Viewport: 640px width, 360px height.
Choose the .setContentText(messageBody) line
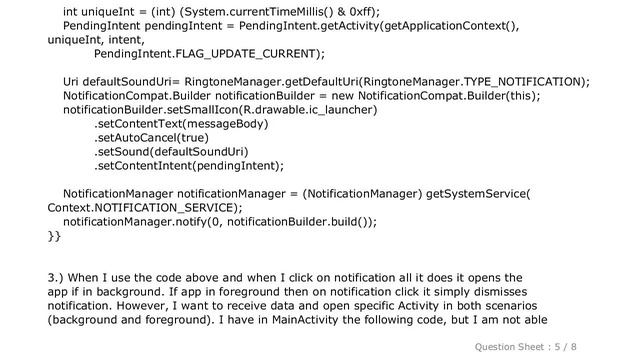pyautogui.click(x=180, y=124)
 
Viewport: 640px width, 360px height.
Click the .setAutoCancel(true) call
pyautogui.click(x=151, y=138)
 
